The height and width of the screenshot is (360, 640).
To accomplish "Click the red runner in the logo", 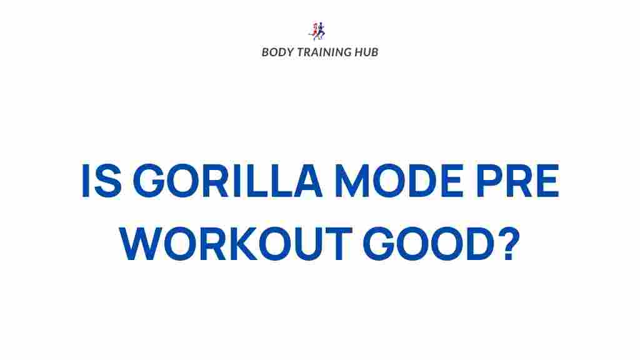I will click(x=314, y=31).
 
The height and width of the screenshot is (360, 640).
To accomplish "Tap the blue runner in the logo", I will click(x=321, y=30).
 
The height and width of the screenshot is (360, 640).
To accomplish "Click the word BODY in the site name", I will click(x=275, y=52).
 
